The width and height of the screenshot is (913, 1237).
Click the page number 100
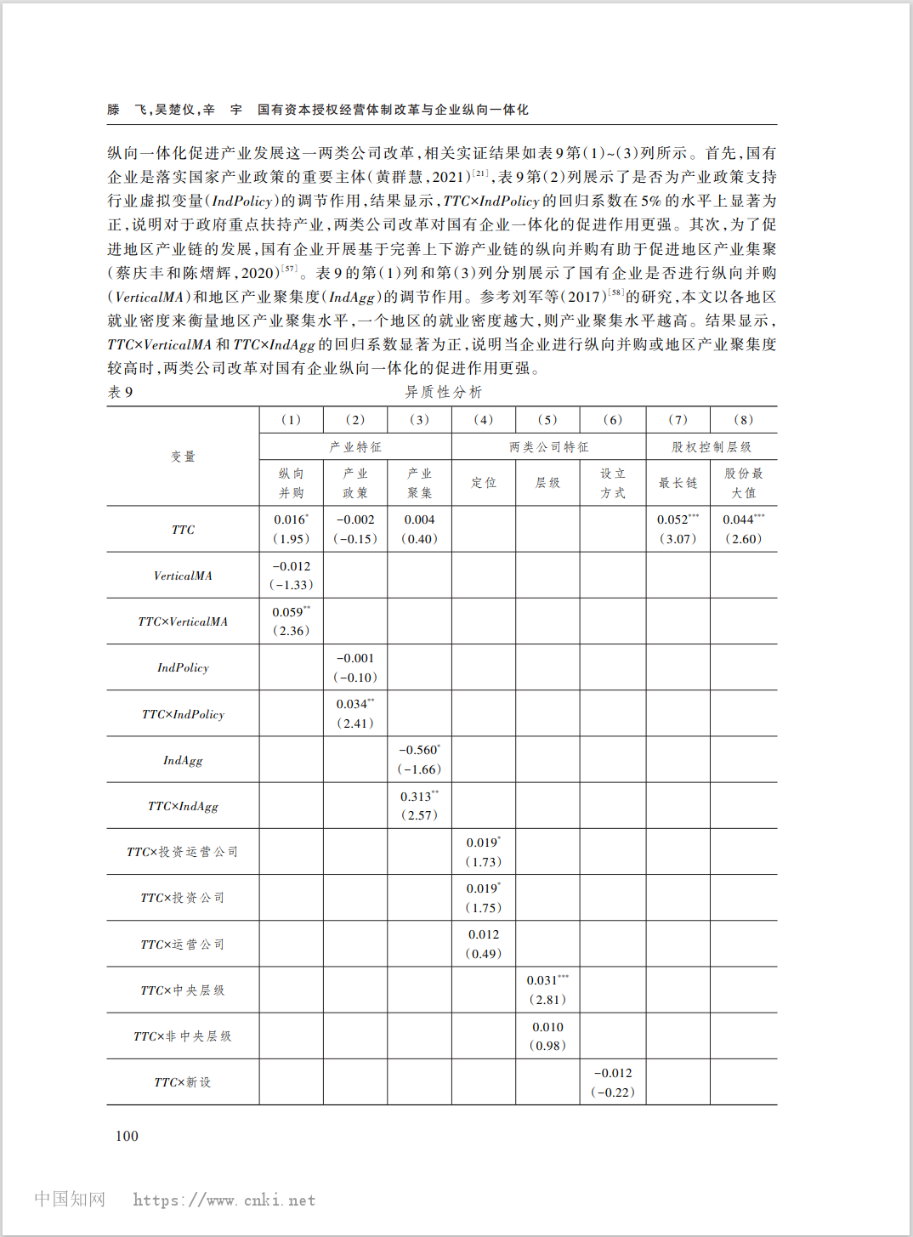tap(127, 1136)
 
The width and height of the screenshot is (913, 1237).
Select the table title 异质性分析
tap(443, 392)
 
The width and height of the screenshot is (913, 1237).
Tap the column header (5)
tap(547, 419)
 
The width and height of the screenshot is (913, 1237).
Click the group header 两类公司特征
tap(548, 446)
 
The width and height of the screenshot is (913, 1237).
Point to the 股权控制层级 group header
tap(711, 446)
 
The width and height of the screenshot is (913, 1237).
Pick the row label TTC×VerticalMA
tap(183, 621)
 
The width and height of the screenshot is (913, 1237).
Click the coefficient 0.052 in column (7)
tap(673, 519)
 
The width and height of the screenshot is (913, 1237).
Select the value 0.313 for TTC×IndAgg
tap(417, 797)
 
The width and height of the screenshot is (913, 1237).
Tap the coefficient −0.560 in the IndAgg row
tap(417, 750)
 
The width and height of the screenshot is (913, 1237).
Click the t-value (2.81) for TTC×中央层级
tap(547, 1000)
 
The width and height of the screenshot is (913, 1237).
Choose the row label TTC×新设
tap(183, 1082)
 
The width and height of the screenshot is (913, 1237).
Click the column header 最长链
tap(678, 483)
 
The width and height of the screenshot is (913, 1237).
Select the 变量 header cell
tap(183, 457)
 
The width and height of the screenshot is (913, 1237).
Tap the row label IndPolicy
tap(183, 667)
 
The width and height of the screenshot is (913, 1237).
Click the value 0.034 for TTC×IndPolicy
tap(352, 704)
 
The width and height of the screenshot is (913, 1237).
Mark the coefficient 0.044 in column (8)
tap(739, 519)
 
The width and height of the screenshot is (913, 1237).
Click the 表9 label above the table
tap(120, 392)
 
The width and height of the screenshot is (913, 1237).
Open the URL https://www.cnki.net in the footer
tap(224, 1200)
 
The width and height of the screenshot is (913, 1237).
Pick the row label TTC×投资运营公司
tap(183, 852)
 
